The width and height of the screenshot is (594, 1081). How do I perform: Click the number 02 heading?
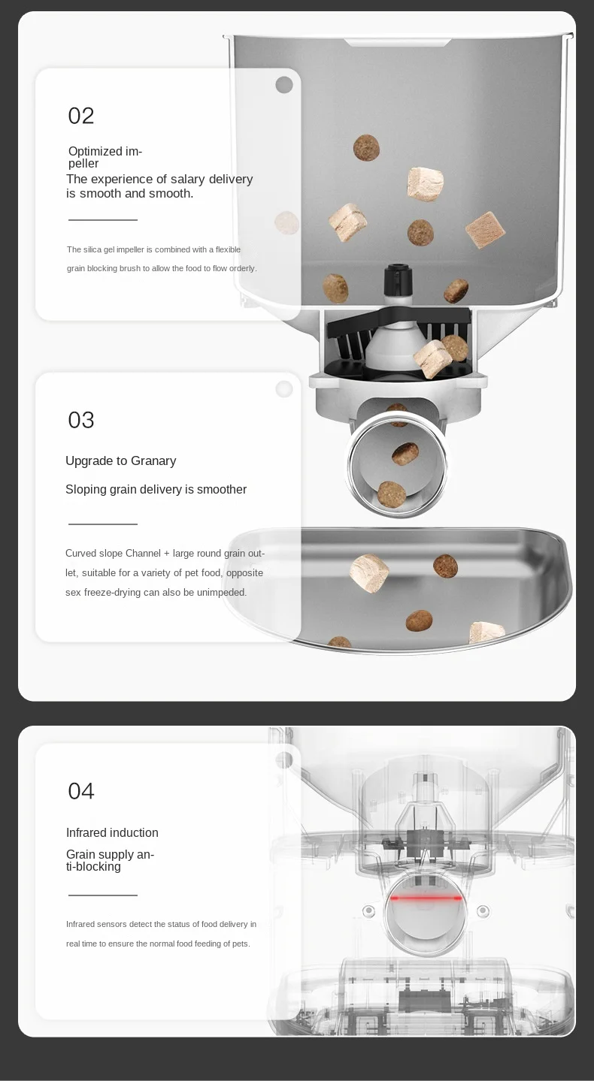[x=81, y=116]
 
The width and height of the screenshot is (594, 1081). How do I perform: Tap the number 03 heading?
[x=81, y=420]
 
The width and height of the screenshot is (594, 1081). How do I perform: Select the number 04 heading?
[x=81, y=791]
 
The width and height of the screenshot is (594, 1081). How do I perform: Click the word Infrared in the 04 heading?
[x=86, y=832]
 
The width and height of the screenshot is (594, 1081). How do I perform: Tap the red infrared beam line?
[x=426, y=898]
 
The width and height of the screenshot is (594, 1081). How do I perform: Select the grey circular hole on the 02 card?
[x=284, y=85]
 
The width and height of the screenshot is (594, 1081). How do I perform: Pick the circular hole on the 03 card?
[x=284, y=389]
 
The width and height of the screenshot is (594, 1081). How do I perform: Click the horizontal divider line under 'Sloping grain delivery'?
[x=103, y=524]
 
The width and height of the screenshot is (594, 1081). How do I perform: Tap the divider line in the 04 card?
[x=103, y=895]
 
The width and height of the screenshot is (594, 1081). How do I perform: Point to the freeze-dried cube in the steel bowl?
[x=369, y=573]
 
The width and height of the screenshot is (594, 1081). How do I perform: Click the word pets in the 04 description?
[x=241, y=944]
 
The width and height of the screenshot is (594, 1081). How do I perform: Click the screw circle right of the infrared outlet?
[x=483, y=911]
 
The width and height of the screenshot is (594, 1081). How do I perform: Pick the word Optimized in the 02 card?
[x=95, y=152]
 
